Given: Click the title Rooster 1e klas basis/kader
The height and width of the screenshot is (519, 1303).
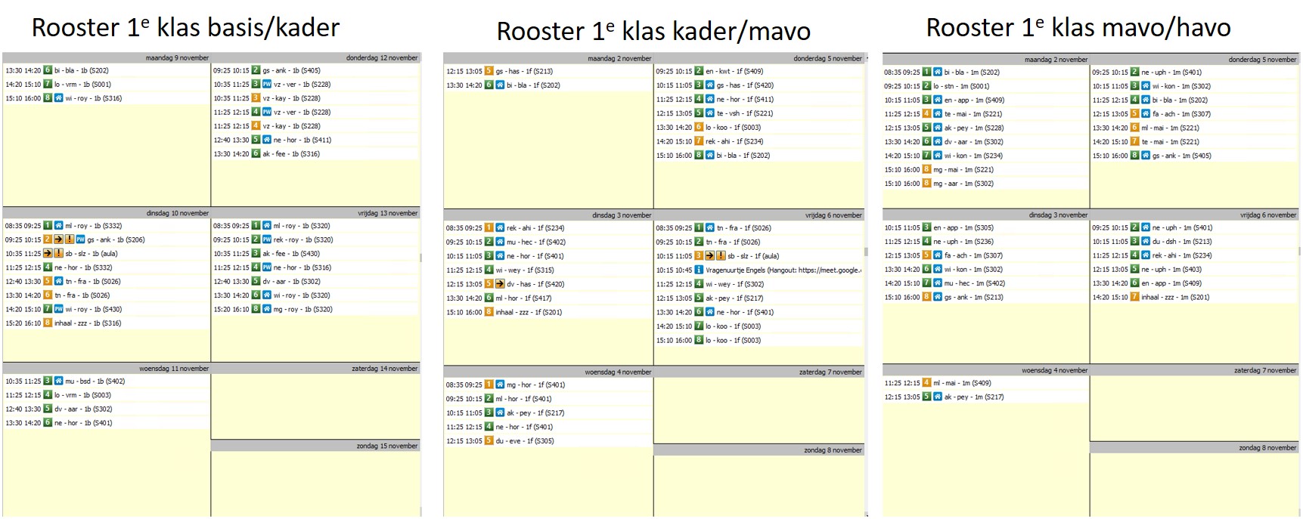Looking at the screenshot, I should click(x=185, y=28).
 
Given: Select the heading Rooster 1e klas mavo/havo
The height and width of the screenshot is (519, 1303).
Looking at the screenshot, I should click(x=1078, y=28).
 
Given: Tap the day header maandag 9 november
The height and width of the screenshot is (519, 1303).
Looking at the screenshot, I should click(x=178, y=57).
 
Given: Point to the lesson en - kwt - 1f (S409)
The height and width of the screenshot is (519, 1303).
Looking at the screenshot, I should click(x=734, y=71).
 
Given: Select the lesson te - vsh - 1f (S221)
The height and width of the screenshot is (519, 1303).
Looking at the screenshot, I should click(x=744, y=113).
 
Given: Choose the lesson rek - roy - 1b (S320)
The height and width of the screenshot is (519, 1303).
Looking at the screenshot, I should click(x=302, y=239).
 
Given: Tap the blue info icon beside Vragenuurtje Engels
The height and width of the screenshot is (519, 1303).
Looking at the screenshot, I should click(x=699, y=270).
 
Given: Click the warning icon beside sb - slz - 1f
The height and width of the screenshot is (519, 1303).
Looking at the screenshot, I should click(x=721, y=256).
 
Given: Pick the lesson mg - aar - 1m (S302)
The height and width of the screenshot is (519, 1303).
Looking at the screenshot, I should click(x=963, y=184).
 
